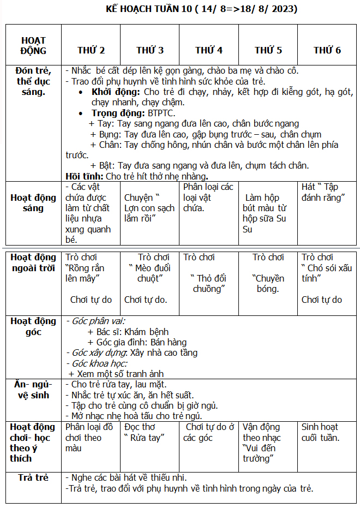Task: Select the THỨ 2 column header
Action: (x=91, y=50)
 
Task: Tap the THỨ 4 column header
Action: (x=209, y=50)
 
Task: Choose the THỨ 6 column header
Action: (x=327, y=50)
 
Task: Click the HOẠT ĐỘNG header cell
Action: (x=33, y=45)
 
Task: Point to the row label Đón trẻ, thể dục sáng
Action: (x=33, y=81)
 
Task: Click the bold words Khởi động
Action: (x=116, y=92)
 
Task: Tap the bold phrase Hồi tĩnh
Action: (x=85, y=176)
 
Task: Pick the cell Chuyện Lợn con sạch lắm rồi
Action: (x=149, y=208)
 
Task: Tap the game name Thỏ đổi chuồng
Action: (x=208, y=283)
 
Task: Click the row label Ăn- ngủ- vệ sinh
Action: (x=33, y=390)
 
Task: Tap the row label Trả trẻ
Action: (x=33, y=477)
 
